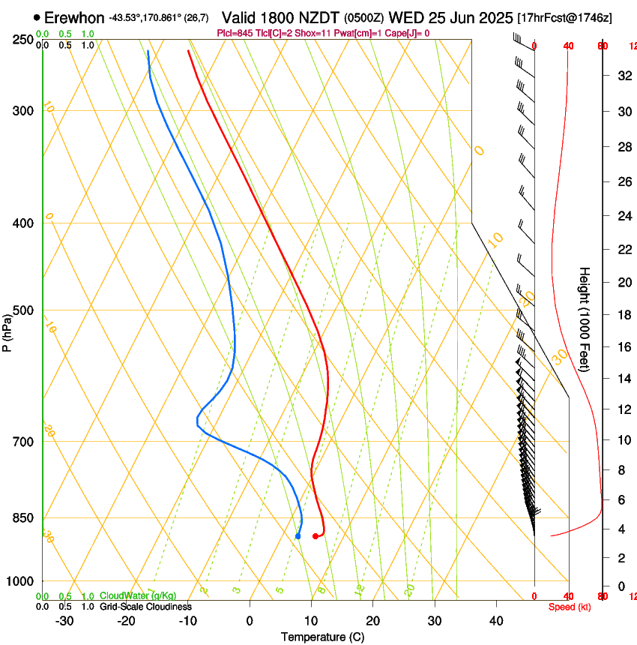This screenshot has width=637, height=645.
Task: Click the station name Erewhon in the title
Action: tap(74, 17)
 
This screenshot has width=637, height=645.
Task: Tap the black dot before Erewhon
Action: tap(37, 17)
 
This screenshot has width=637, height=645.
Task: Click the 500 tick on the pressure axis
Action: tap(23, 310)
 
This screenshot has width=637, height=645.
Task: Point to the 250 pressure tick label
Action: tap(23, 39)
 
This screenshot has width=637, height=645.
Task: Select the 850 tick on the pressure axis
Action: tap(23, 517)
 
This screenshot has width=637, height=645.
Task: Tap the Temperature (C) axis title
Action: tap(322, 637)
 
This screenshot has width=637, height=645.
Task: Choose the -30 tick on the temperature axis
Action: tap(64, 621)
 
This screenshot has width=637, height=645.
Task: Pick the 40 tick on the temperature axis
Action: tap(496, 621)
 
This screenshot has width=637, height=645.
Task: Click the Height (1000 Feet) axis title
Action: tap(585, 319)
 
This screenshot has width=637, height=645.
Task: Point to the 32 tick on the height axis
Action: tap(621, 75)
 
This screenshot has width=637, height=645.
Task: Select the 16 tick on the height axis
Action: tap(621, 346)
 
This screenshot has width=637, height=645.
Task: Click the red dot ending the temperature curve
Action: tap(316, 536)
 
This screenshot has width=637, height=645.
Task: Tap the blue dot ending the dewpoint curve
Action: tap(298, 536)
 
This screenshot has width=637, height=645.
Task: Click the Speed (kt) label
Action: tap(570, 607)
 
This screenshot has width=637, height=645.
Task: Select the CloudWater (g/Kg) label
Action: tap(138, 595)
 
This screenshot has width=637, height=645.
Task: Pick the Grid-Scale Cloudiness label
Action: tap(145, 606)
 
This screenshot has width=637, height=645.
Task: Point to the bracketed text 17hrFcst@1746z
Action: tap(564, 17)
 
